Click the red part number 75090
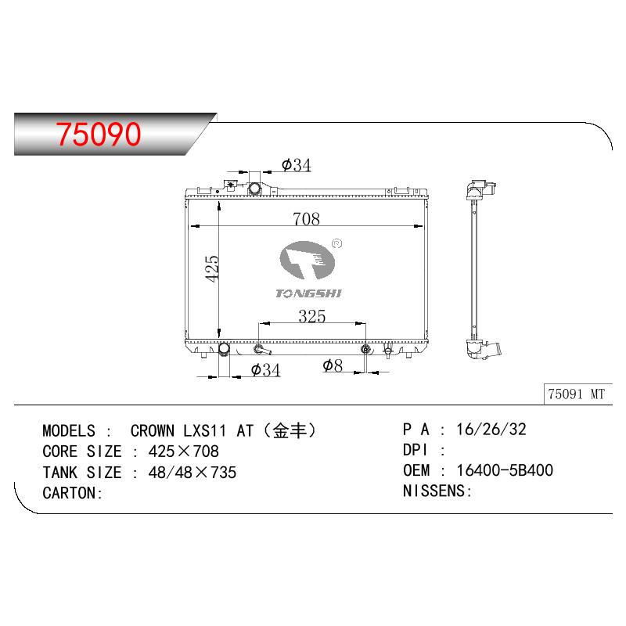coord(99,134)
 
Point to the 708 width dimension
coord(306,219)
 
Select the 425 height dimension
coord(212,268)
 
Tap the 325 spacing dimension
coord(311,316)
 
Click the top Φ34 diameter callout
coord(296,165)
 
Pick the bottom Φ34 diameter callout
coord(265,369)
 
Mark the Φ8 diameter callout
coord(333,365)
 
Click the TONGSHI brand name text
coord(308,293)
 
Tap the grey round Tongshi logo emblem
coord(307,260)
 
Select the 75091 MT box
coord(577,394)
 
